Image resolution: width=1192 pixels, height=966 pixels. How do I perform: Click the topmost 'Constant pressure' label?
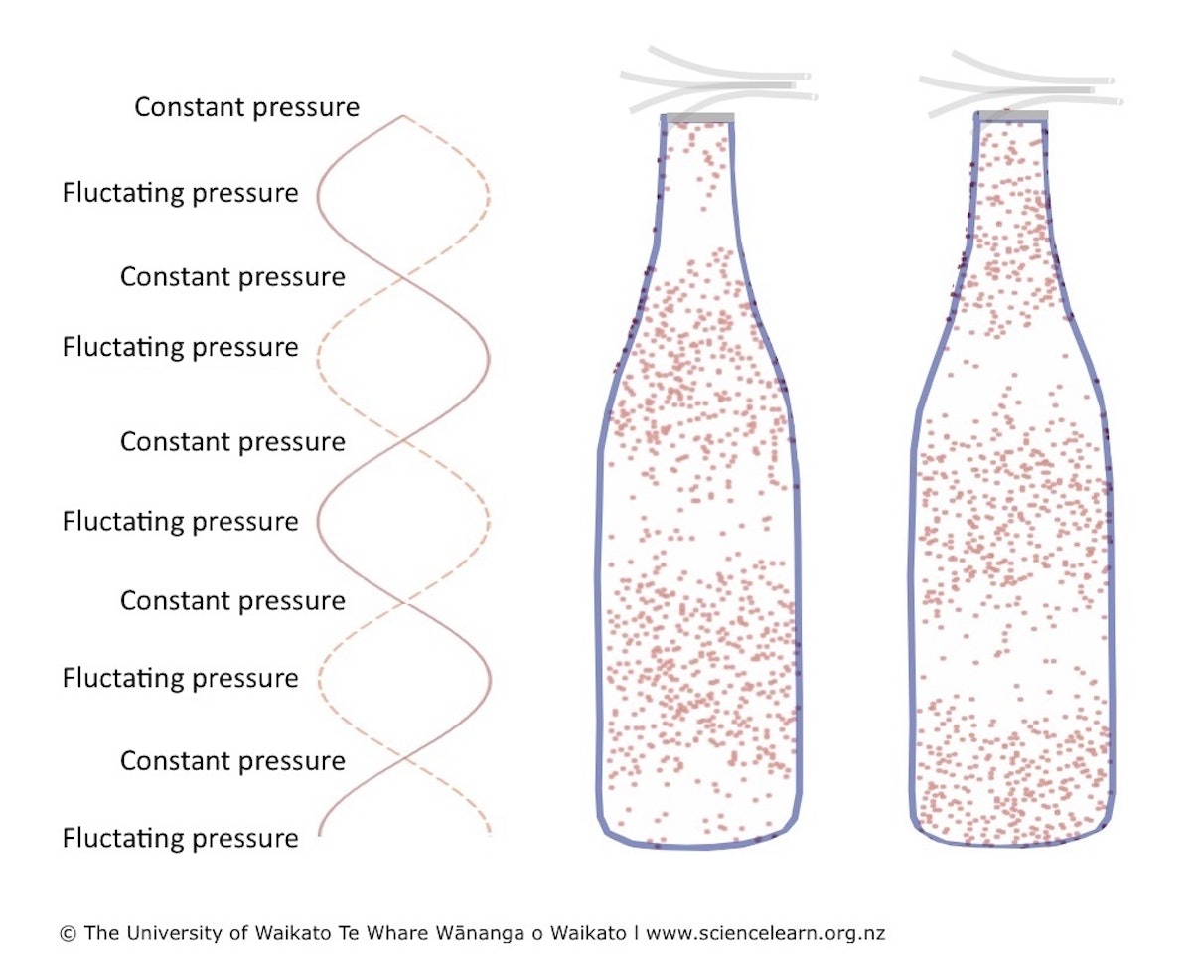pos(246,107)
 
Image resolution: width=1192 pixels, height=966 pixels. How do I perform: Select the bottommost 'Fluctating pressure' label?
pos(180,839)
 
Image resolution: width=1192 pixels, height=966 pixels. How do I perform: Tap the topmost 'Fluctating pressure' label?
pos(180,193)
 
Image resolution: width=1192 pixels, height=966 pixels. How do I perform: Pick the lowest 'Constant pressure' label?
pos(232,761)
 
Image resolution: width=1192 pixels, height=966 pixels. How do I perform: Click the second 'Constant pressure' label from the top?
pos(232,277)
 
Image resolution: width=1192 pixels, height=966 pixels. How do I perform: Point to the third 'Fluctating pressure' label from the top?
pos(180,522)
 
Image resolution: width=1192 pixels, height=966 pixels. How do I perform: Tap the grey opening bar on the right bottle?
pos(1013,116)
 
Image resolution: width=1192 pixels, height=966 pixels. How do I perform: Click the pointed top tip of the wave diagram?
pos(403,116)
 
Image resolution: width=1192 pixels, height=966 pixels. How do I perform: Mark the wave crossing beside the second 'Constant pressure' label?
pos(403,277)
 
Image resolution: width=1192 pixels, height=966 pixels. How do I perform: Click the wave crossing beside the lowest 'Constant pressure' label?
pos(403,761)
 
